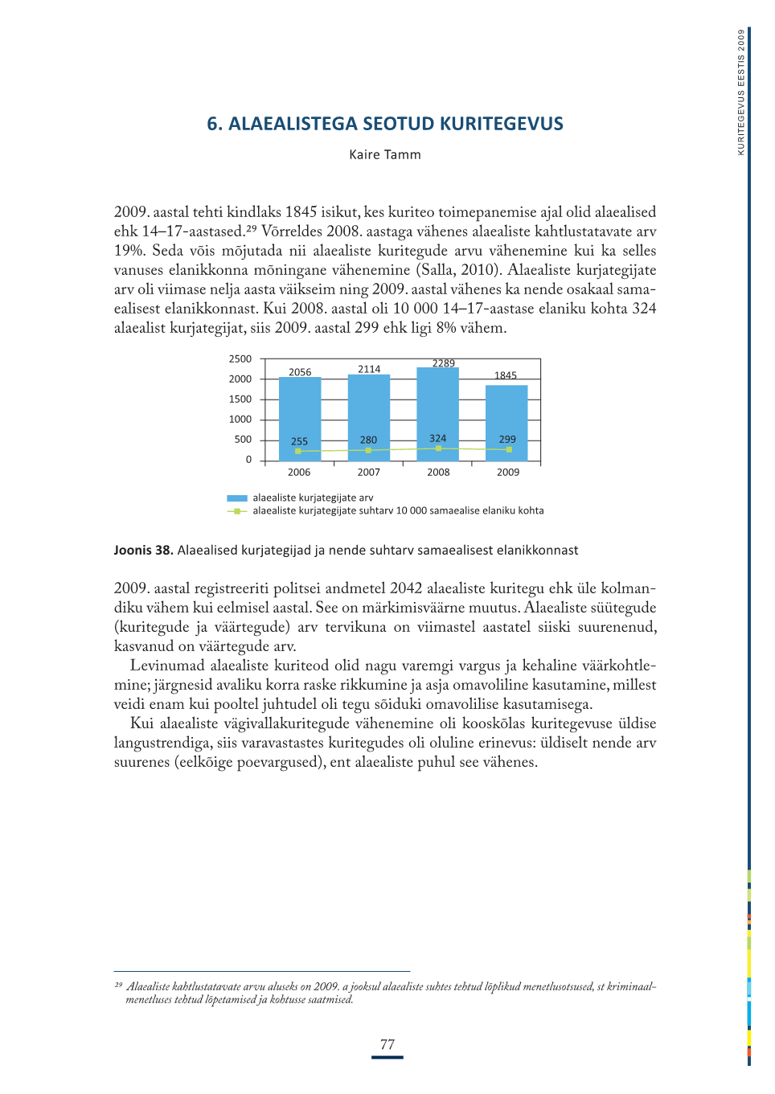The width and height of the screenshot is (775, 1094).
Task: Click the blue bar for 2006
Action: [300, 410]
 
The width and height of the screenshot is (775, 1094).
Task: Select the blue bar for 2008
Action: [437, 402]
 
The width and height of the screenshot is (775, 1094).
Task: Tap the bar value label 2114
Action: [369, 369]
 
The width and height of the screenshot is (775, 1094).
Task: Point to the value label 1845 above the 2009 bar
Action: [506, 375]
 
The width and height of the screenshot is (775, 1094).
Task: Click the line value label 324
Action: [437, 438]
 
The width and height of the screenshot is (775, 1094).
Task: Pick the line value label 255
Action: [299, 441]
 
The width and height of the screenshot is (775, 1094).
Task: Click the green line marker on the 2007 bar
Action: [368, 450]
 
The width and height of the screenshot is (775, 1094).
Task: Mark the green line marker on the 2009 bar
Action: [509, 449]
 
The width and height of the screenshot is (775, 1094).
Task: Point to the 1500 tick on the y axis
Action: [240, 399]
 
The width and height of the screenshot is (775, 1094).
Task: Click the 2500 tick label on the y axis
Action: [240, 359]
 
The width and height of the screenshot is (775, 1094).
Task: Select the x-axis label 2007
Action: [369, 473]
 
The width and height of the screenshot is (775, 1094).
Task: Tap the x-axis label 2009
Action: [508, 473]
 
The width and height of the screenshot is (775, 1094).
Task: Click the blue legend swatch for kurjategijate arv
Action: [237, 498]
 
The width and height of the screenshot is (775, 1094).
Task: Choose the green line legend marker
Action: [236, 511]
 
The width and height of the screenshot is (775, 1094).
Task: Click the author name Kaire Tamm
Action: [385, 154]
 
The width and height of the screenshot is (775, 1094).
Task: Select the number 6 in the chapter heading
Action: [212, 124]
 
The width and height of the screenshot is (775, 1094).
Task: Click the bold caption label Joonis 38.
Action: [143, 550]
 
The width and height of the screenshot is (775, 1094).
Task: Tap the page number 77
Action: [387, 1044]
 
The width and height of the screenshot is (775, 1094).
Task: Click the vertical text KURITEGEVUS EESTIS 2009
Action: [741, 92]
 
